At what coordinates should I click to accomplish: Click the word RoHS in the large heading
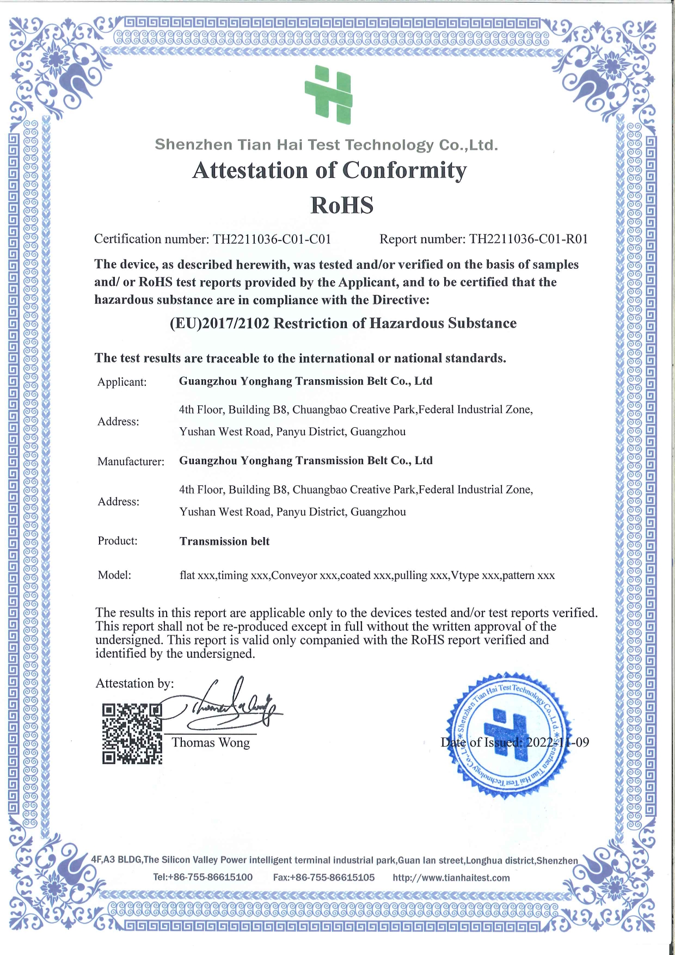342,206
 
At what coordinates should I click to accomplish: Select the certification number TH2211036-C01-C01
272,239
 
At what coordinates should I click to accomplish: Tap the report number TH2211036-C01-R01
529,239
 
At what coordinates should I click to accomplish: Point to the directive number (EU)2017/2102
219,323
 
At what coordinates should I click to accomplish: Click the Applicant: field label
122,382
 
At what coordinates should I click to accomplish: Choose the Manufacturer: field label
131,462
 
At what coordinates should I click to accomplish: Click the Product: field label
118,541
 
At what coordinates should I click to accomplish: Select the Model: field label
114,575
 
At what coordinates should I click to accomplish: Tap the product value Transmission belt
224,541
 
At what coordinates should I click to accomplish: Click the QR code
132,734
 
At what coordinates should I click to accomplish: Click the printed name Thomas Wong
211,743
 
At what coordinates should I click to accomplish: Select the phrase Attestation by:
134,683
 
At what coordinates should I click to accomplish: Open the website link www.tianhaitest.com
451,878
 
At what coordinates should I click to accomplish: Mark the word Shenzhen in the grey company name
186,145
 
